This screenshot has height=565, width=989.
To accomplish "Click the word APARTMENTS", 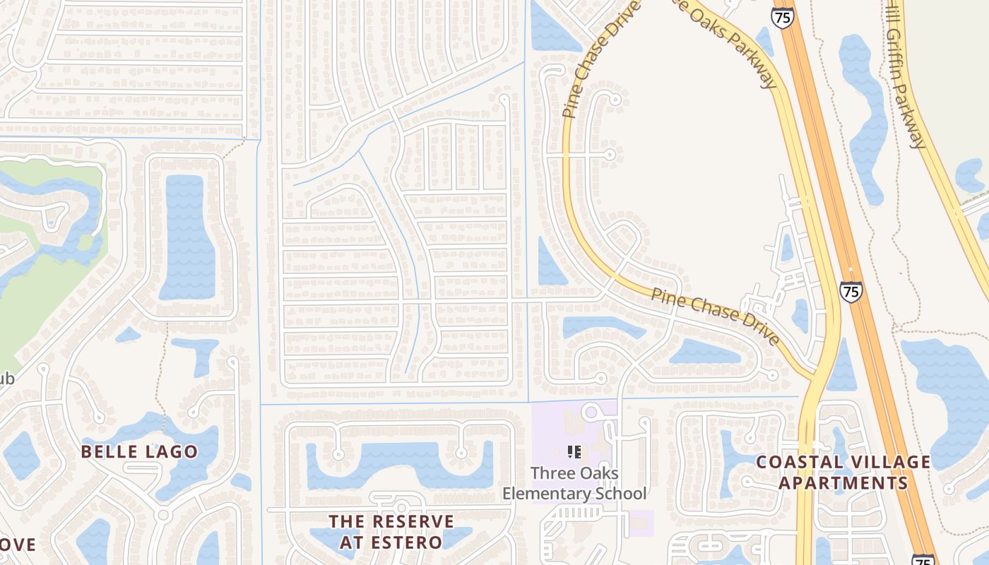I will tap(843, 483).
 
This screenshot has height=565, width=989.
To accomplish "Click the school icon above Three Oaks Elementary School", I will tap(574, 452).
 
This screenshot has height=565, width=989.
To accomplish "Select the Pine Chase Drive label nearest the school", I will tap(715, 316).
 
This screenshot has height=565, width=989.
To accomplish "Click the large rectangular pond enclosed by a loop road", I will tap(186, 237).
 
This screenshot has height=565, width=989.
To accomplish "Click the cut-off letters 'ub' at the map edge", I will tap(6, 379).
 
